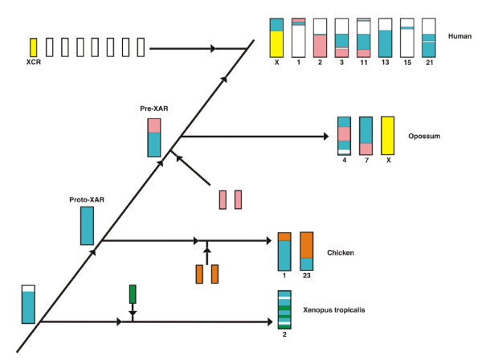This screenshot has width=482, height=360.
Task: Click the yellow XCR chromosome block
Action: (34, 47)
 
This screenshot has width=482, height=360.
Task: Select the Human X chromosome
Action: (276, 37)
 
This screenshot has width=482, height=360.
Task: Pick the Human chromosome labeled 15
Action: (406, 37)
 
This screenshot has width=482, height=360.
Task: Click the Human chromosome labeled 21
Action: (428, 37)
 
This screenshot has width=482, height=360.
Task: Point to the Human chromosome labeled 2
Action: (320, 37)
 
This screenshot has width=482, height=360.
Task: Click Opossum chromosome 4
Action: (344, 135)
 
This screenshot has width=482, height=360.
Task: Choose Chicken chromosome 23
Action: (306, 251)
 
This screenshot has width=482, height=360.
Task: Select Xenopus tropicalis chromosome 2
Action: (284, 308)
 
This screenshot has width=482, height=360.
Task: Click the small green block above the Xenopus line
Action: (133, 292)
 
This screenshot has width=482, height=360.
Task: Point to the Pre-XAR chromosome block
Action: (153, 137)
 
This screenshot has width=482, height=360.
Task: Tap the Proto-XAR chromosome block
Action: (87, 226)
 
